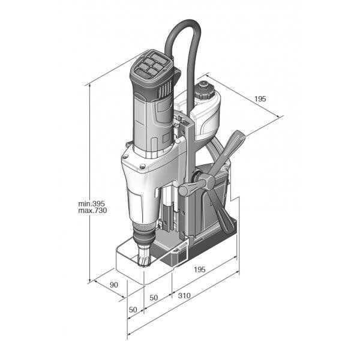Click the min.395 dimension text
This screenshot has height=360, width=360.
pos(91,203)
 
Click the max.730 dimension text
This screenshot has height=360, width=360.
pos(92,211)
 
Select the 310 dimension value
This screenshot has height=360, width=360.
pos(184,295)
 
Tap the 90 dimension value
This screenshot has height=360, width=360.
pos(113,284)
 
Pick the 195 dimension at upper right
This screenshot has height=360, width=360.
pos(260,99)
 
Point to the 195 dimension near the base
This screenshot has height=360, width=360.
pos(200,269)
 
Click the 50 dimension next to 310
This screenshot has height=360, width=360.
pos(154,298)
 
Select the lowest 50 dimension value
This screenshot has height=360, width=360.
pos(133,310)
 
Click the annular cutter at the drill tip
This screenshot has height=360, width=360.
pos(144,256)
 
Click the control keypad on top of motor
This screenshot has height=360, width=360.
pos(152,64)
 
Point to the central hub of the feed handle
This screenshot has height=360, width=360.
pos(208,180)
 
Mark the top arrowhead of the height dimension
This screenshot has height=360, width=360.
pos(89,86)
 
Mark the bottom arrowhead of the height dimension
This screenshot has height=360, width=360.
pos(89,281)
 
